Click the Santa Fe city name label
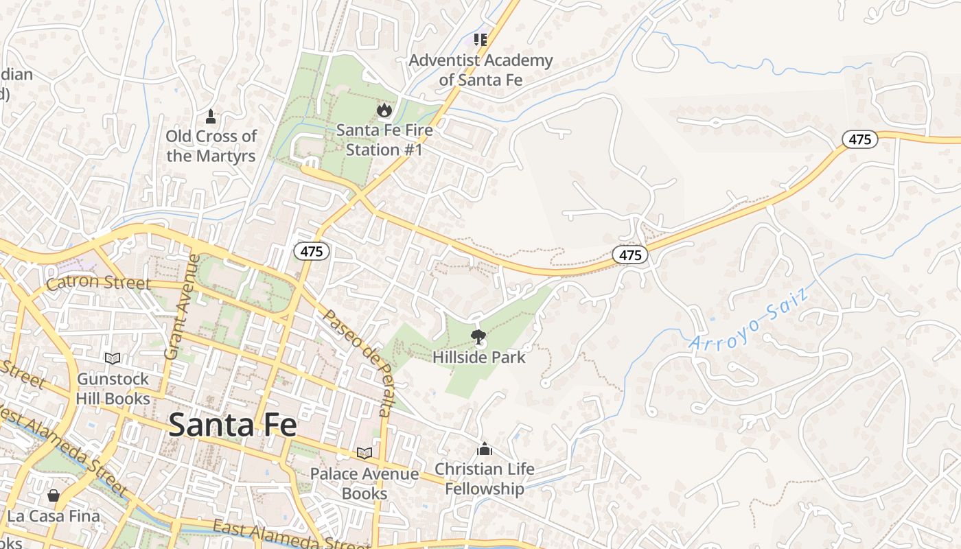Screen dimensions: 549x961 [x=233, y=425]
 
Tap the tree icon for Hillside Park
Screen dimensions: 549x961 [x=478, y=336]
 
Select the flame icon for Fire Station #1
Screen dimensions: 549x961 [x=384, y=110]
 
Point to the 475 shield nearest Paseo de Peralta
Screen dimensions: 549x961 [x=312, y=251]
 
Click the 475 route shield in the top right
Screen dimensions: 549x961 [x=859, y=140]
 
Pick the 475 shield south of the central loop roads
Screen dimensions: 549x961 [x=630, y=255]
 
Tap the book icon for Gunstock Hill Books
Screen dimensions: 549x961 [x=113, y=358]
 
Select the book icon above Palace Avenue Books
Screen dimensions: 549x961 [x=364, y=453]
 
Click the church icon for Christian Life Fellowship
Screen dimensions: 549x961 [x=485, y=449]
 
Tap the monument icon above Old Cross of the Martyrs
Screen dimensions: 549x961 [x=211, y=117]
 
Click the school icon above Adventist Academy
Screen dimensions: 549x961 [x=480, y=40]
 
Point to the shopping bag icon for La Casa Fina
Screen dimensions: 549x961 [x=54, y=495]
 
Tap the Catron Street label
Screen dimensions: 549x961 [x=98, y=283]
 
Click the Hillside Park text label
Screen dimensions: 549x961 [x=478, y=358]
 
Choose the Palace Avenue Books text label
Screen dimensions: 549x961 [x=364, y=483]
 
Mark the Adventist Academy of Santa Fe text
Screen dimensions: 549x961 [x=480, y=70]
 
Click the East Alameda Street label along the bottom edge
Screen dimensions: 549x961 [x=288, y=537]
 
